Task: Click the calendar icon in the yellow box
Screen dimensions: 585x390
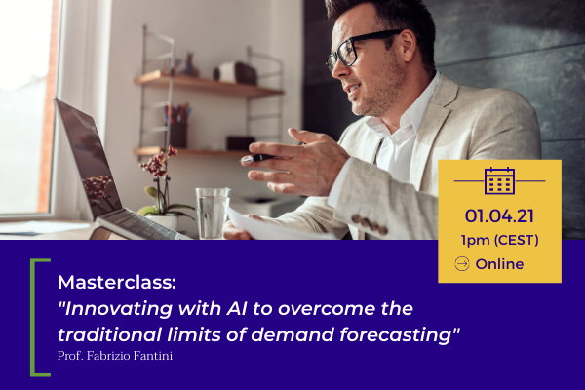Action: click(499, 181)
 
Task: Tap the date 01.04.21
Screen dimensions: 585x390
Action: click(499, 216)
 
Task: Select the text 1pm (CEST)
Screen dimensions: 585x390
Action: click(499, 240)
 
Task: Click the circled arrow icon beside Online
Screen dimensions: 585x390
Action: click(462, 264)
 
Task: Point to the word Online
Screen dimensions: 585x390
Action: click(499, 264)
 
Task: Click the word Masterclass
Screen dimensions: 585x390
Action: click(115, 282)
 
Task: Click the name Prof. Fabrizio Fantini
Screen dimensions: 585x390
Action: click(115, 356)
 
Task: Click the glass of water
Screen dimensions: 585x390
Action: click(213, 214)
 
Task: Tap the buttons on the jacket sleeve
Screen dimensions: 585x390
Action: click(369, 223)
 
